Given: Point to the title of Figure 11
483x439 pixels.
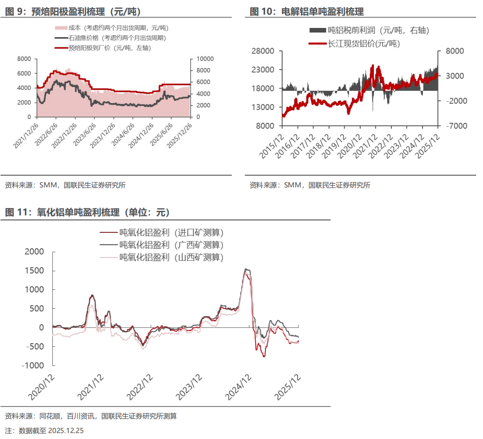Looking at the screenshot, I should coord(87,213).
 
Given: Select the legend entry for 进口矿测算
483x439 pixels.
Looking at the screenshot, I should coord(171,232).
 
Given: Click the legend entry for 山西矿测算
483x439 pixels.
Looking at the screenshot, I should coord(171,257).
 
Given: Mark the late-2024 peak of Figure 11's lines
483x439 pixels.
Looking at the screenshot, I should coord(247,269).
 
